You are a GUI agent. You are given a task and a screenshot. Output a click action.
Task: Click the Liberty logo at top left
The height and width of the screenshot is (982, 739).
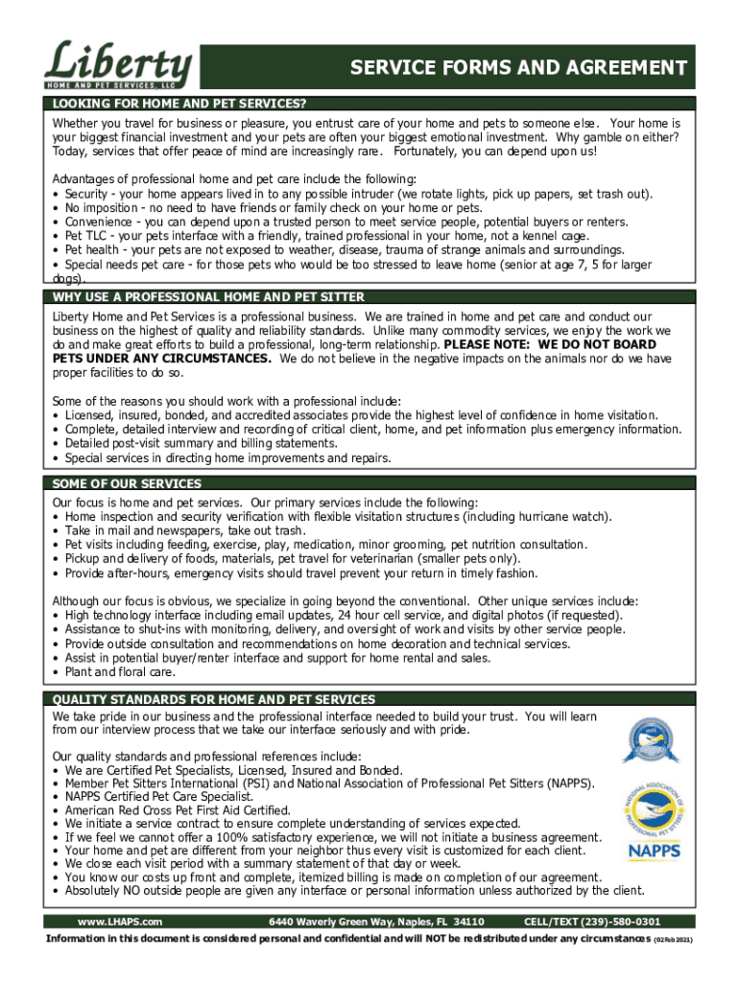point(118,64)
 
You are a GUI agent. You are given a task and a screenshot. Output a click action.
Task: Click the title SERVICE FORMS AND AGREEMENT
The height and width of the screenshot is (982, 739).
point(518,68)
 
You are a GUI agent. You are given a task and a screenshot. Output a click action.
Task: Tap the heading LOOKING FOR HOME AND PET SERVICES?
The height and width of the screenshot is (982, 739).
point(179,104)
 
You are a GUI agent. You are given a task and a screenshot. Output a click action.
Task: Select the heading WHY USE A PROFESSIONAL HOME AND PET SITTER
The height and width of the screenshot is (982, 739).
point(208,297)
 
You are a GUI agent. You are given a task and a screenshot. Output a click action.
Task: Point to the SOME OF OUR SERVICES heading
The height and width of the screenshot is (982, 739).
point(127,484)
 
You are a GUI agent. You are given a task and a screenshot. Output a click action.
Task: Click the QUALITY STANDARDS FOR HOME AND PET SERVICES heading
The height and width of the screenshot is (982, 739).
point(213,700)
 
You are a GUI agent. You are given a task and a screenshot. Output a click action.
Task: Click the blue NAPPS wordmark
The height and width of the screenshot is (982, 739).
point(656,851)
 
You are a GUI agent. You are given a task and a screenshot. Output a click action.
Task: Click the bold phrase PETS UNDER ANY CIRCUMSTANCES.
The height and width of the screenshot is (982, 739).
point(162,358)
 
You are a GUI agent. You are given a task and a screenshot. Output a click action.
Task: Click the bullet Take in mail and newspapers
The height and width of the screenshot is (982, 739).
point(185,530)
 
